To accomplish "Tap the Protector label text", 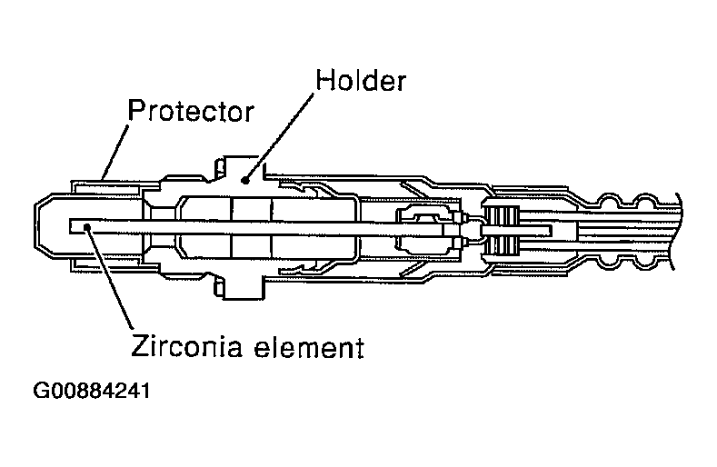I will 190,112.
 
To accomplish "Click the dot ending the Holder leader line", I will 244,180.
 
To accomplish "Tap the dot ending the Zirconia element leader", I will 88,229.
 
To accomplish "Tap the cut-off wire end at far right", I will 678,227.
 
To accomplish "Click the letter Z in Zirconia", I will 141,347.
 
